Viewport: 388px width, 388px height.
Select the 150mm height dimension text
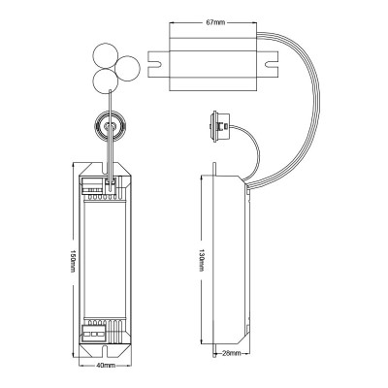pyautogui.click(x=73, y=261)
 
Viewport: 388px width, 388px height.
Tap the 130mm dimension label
pyautogui.click(x=201, y=260)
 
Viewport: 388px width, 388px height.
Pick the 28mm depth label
pyautogui.click(x=231, y=353)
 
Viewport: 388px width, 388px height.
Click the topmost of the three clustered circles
pyautogui.click(x=105, y=55)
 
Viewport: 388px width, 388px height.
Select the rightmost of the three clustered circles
pyautogui.click(x=127, y=69)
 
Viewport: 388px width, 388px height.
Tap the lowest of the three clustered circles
pyautogui.click(x=105, y=81)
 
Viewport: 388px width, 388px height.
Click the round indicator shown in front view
pyautogui.click(x=110, y=126)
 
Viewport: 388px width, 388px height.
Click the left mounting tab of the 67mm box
pyautogui.click(x=159, y=64)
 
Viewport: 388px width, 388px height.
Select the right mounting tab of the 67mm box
pyautogui.click(x=268, y=64)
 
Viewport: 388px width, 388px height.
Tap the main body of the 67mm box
pyautogui.click(x=213, y=64)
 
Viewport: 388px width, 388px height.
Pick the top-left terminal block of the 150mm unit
pyautogui.click(x=91, y=185)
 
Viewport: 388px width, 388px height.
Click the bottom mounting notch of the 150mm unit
pyautogui.click(x=106, y=350)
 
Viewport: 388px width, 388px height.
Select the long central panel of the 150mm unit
pyautogui.click(x=105, y=258)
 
